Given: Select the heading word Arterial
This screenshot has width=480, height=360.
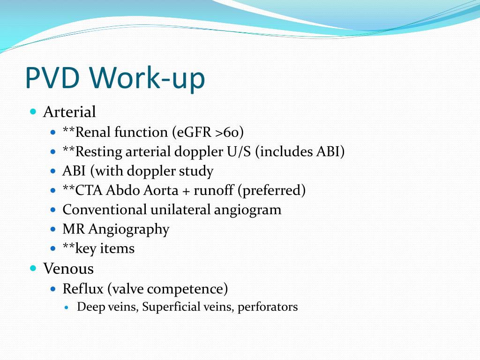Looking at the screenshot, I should point(69,112).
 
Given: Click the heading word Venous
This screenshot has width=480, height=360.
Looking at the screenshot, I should point(68,269).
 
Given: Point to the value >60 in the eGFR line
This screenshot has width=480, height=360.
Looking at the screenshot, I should point(230,133).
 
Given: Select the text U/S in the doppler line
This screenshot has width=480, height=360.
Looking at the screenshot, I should point(239,152).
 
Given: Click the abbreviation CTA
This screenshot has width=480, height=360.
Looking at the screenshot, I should point(89,190).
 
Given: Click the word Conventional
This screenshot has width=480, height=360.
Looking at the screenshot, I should point(105,210).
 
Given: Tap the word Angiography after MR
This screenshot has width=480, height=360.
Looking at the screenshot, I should point(129,229).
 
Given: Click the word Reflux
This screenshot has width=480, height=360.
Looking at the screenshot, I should point(83,289).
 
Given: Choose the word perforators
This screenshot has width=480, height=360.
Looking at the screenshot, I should point(268,307).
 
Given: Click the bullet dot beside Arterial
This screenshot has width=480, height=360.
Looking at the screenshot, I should point(33,112).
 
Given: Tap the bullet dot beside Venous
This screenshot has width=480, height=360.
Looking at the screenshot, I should point(33,269).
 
